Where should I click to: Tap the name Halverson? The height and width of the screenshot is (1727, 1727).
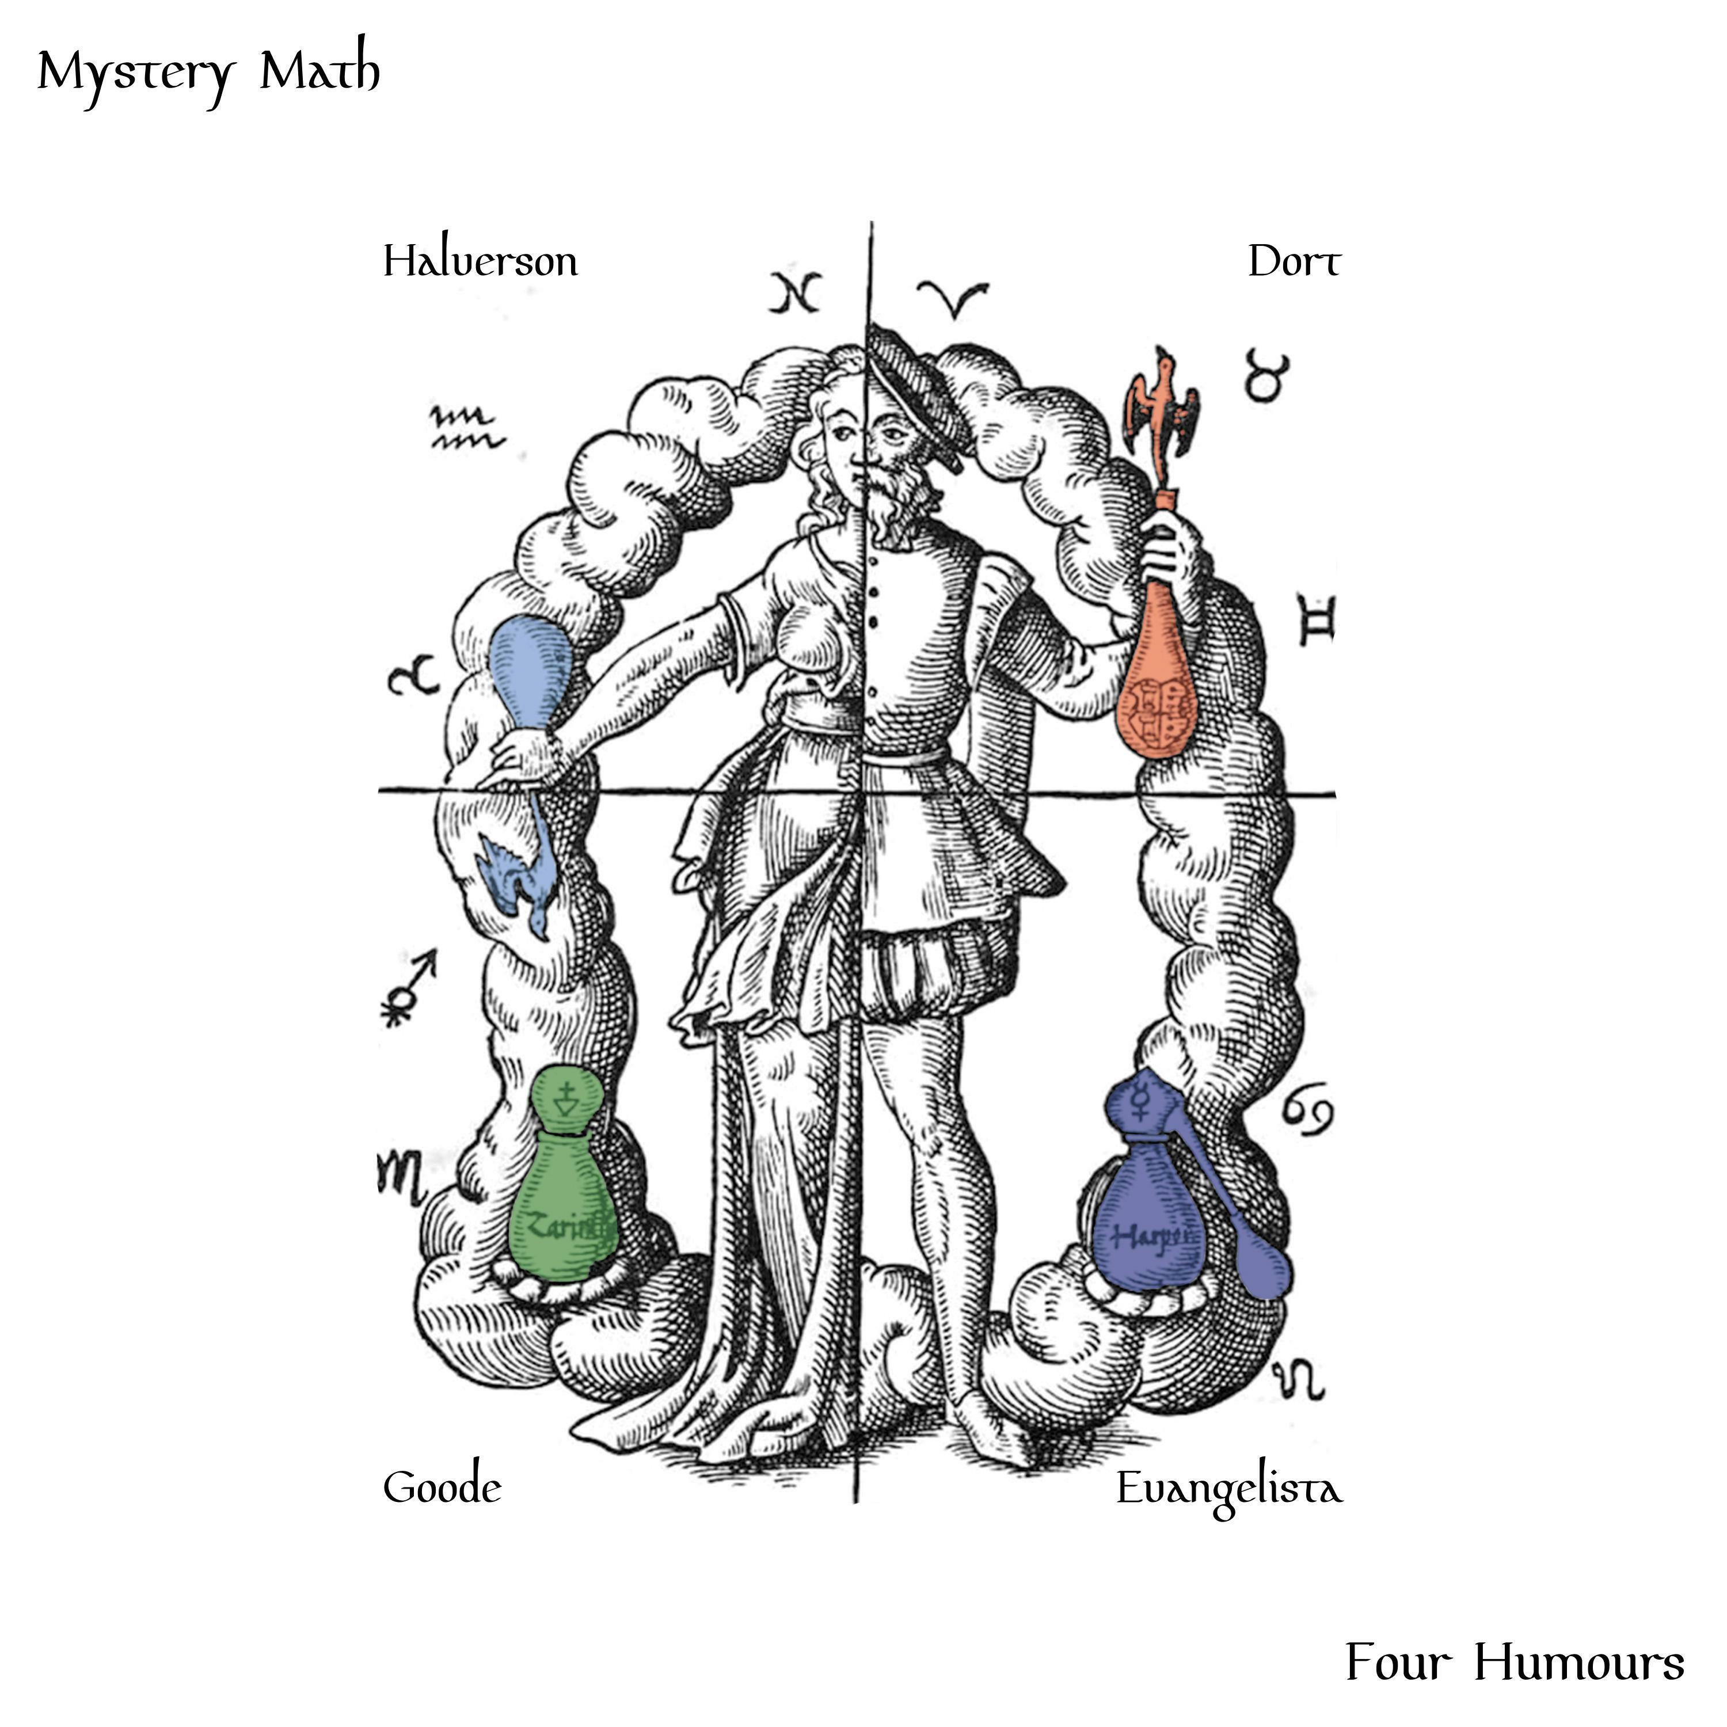click(x=480, y=262)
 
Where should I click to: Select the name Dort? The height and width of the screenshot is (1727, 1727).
click(x=1294, y=262)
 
